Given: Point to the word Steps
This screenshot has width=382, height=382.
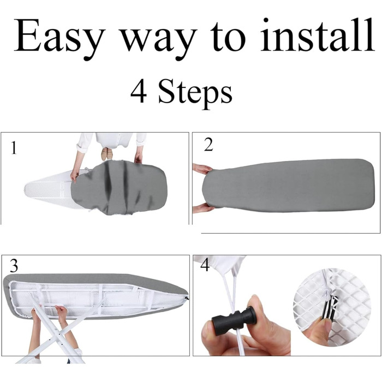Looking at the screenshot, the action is click(x=195, y=94).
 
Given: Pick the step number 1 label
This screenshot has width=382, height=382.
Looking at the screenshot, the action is click(x=14, y=148).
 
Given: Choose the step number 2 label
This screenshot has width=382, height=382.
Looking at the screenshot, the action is click(x=208, y=145).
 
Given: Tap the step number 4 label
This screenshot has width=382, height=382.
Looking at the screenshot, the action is click(x=205, y=265).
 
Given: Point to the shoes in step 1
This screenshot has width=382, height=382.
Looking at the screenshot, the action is click(x=107, y=154).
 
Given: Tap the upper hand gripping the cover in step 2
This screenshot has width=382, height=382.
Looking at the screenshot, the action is click(x=202, y=168).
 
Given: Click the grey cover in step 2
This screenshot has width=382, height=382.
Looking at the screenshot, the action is click(x=288, y=185).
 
